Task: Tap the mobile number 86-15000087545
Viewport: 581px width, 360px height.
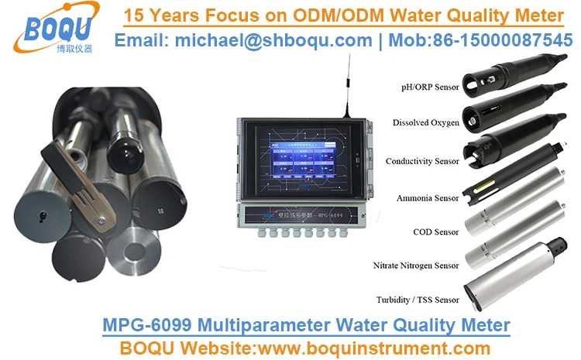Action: click(495, 40)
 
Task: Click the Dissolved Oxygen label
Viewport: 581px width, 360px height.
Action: click(425, 122)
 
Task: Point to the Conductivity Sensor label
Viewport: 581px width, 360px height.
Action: click(422, 161)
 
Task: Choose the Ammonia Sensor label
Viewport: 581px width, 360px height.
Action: click(428, 198)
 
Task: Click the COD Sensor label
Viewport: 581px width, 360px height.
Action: click(436, 231)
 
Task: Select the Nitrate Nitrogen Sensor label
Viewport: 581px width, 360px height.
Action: click(414, 266)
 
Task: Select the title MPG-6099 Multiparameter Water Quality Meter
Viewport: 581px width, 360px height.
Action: click(306, 324)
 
